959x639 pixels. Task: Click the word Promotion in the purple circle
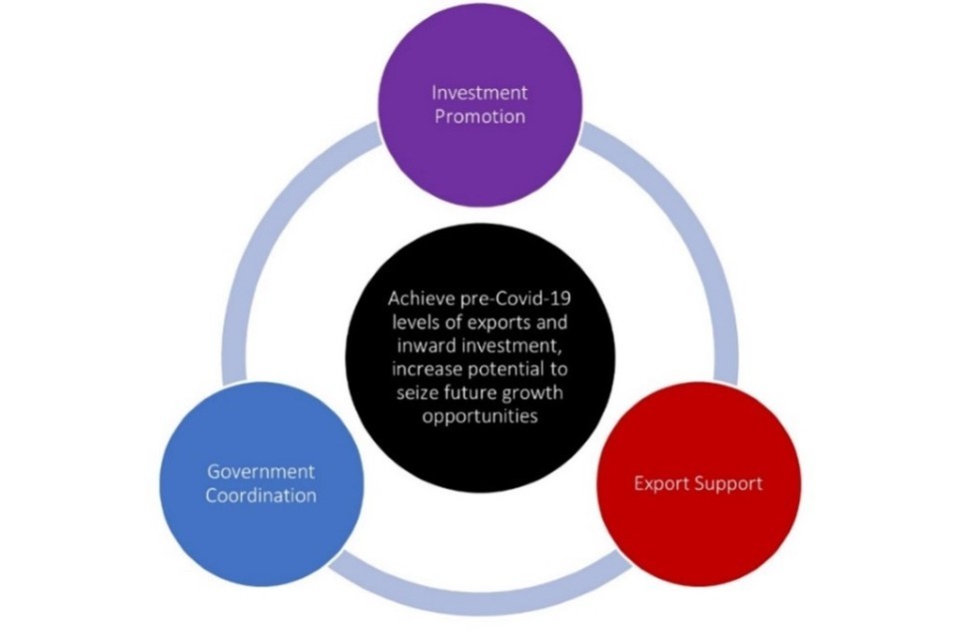tap(479, 116)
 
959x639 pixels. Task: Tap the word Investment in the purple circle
tap(479, 93)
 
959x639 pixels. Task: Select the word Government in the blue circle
tap(261, 471)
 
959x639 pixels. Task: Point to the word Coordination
tap(262, 495)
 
